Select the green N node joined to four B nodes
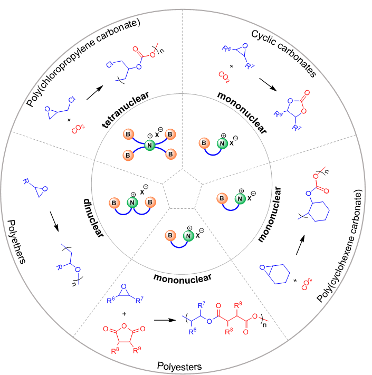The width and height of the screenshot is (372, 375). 149,145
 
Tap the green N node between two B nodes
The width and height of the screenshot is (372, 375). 132,203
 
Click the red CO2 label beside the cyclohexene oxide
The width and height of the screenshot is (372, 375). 307,284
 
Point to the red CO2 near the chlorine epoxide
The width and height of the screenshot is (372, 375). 78,128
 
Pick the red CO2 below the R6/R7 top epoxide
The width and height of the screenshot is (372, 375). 224,77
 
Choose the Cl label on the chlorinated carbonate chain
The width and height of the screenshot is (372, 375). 109,65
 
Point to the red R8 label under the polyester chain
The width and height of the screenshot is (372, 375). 228,332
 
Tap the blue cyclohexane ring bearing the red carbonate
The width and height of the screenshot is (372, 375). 318,211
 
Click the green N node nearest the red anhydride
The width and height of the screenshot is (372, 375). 188,236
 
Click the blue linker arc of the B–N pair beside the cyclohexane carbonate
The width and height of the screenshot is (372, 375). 231,207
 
